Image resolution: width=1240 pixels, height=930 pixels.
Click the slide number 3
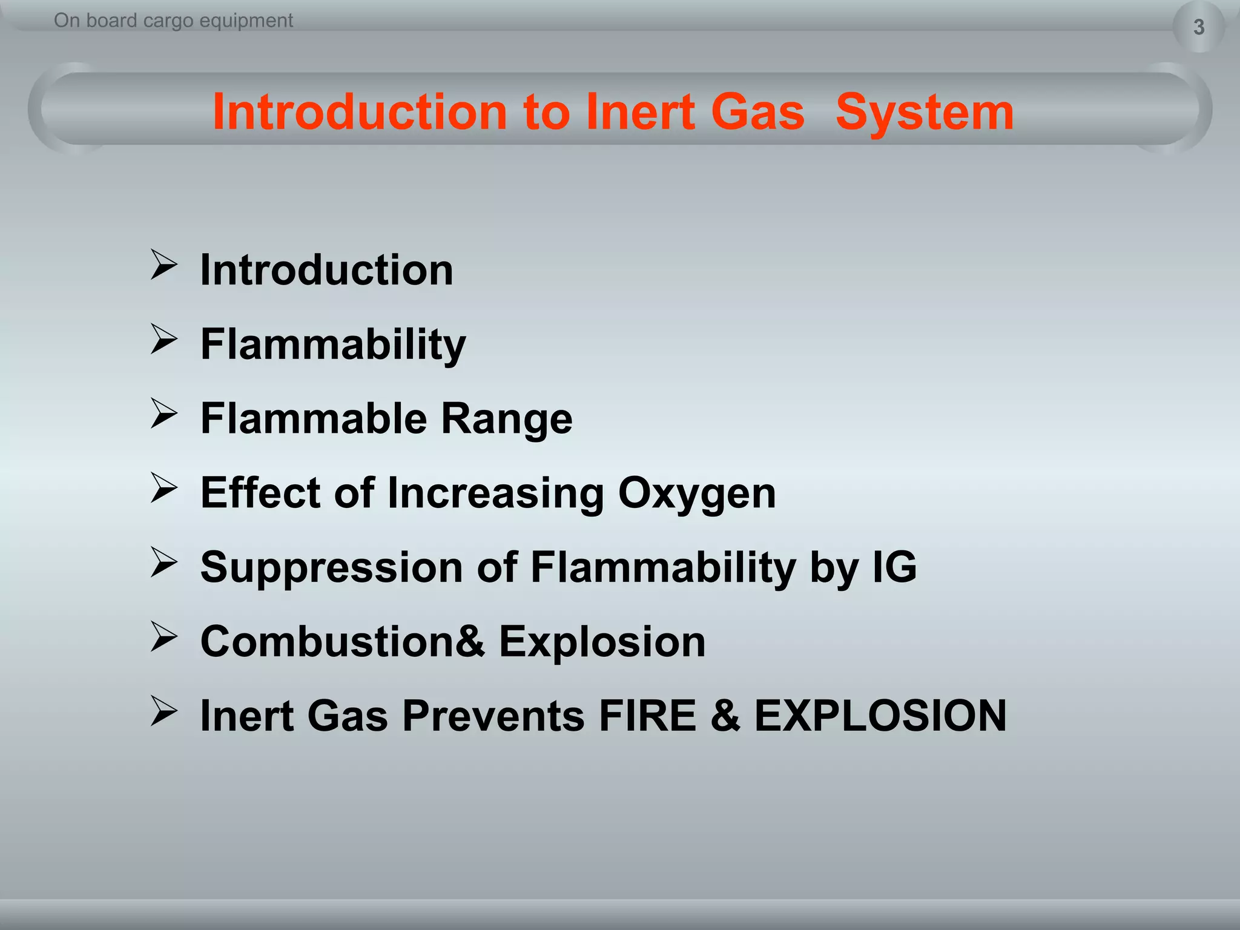pos(1198,27)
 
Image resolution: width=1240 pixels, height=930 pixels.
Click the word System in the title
pos(924,112)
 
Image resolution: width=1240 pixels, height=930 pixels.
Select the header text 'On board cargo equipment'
pos(173,21)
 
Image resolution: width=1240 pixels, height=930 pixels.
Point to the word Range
pos(506,418)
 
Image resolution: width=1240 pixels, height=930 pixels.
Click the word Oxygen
pos(696,493)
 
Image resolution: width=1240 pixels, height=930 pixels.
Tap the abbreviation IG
pos(894,567)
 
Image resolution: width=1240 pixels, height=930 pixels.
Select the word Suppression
pos(332,567)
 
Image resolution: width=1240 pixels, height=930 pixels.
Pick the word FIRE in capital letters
pos(647,716)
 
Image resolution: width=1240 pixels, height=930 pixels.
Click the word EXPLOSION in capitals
pos(880,716)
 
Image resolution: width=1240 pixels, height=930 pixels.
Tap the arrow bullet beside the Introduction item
pos(163,265)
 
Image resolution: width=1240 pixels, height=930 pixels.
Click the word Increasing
pos(495,493)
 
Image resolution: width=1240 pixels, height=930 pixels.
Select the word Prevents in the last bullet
pos(493,716)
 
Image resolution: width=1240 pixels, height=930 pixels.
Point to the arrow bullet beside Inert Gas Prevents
pos(163,711)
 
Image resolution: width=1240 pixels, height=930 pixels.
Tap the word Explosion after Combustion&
pos(602,641)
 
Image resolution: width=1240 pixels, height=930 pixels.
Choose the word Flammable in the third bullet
pos(313,418)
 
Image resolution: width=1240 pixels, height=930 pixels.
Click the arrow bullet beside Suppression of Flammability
pos(163,563)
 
